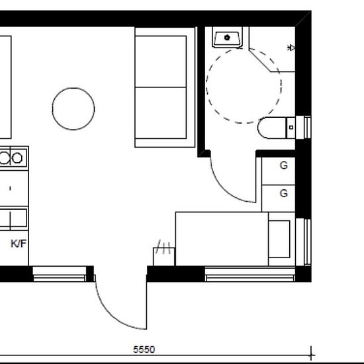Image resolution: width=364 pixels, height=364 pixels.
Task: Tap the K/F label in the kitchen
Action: pyautogui.click(x=19, y=244)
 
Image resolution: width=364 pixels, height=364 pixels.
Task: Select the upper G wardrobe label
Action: pyautogui.click(x=284, y=165)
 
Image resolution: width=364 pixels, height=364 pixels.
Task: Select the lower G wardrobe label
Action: pyautogui.click(x=284, y=193)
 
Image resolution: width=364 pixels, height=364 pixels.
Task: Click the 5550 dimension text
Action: pyautogui.click(x=144, y=349)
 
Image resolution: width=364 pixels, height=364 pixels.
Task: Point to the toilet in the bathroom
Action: pyautogui.click(x=276, y=128)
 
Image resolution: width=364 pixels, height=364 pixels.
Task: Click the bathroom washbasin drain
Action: pyautogui.click(x=227, y=37)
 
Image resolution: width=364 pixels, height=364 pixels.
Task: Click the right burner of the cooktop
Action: pyautogui.click(x=17, y=158)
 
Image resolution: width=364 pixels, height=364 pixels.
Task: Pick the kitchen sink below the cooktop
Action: pyautogui.click(x=13, y=218)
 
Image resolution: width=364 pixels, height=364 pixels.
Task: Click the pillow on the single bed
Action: pyautogui.click(x=279, y=239)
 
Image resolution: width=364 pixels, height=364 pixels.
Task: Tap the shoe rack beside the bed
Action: pyautogui.click(x=164, y=257)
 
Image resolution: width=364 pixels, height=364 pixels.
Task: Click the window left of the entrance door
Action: pyautogui.click(x=60, y=274)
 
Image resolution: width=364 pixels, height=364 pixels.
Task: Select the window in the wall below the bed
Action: pyautogui.click(x=250, y=274)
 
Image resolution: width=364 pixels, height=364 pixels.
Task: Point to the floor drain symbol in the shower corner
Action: pyautogui.click(x=291, y=48)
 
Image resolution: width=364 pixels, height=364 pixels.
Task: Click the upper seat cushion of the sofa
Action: pyautogui.click(x=161, y=62)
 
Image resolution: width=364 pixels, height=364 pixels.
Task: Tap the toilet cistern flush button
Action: pyautogui.click(x=291, y=128)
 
